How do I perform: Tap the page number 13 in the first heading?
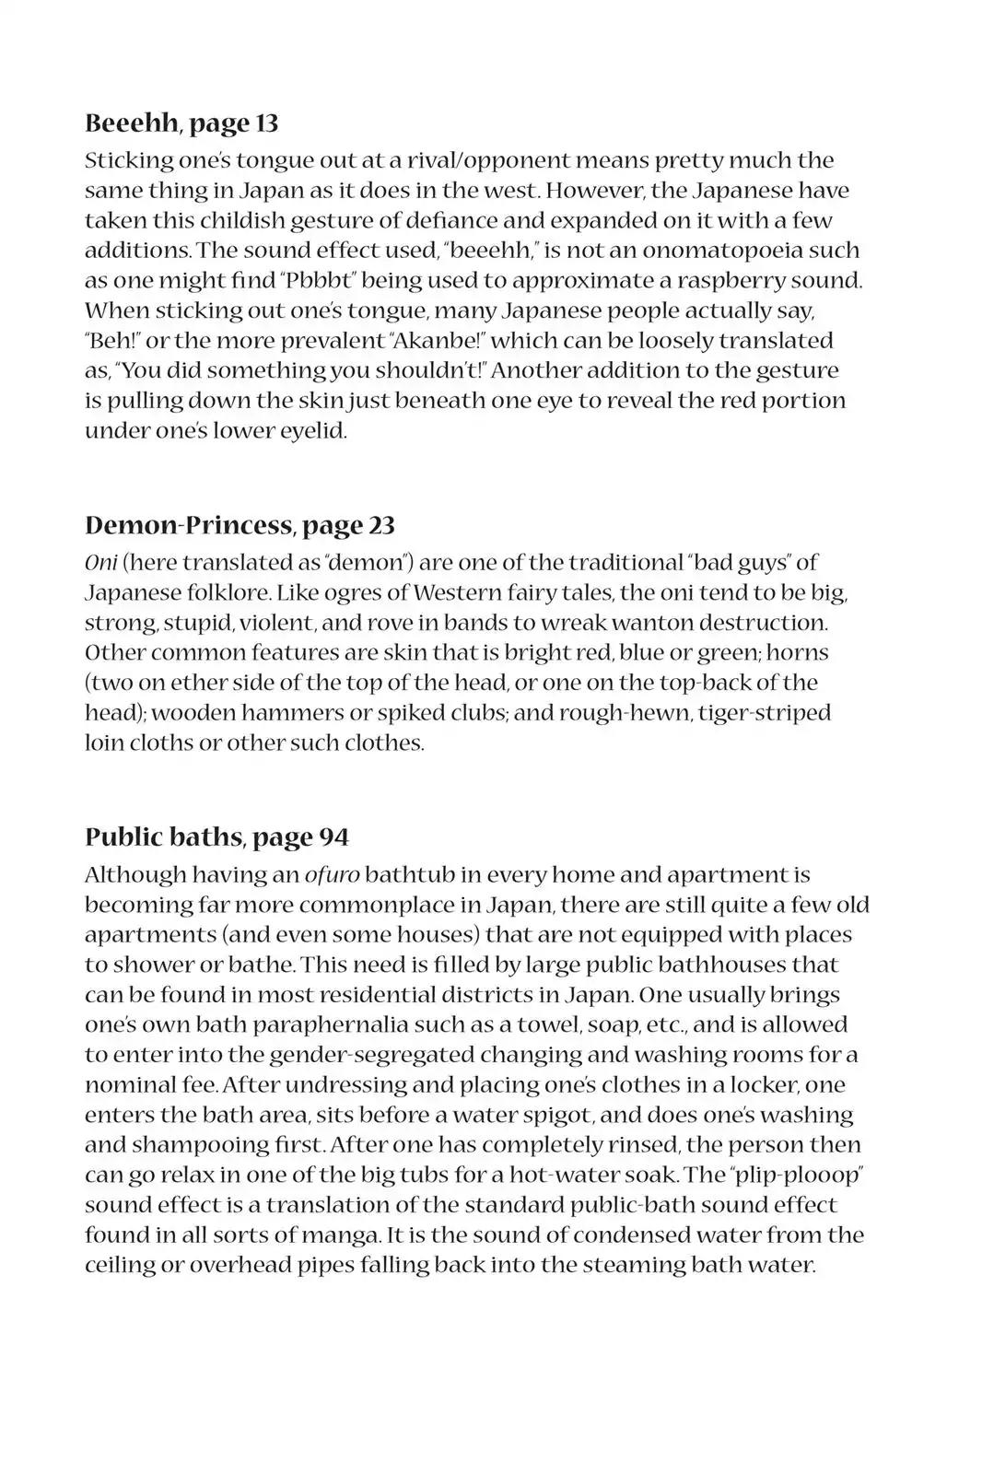point(265,123)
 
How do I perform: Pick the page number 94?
point(333,836)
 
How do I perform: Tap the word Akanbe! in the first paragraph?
point(435,340)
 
